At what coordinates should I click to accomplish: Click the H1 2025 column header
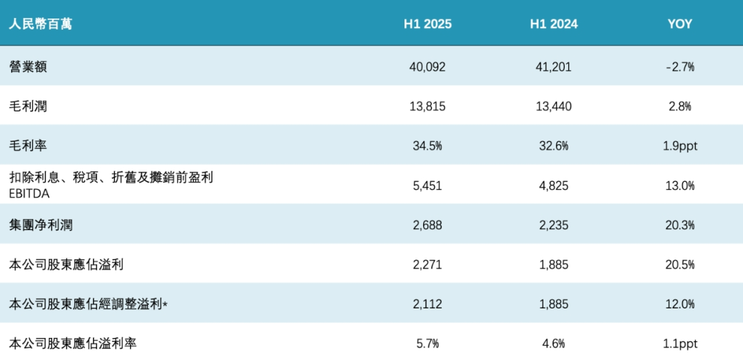(427, 24)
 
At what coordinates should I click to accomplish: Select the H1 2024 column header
(553, 24)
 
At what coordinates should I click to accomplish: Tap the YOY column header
(680, 24)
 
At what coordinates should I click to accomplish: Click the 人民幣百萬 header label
(41, 24)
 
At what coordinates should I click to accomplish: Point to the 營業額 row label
(28, 67)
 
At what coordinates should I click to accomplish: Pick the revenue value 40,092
(427, 67)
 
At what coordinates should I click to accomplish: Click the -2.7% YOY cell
(680, 67)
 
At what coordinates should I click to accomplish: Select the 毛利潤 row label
(28, 106)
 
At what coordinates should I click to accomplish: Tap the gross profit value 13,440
(553, 106)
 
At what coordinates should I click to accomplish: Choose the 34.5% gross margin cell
(427, 146)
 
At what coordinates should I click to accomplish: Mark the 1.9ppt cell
(680, 146)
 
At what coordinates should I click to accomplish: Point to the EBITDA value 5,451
(427, 185)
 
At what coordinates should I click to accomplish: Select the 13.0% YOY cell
(680, 185)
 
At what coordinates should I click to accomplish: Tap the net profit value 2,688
(427, 225)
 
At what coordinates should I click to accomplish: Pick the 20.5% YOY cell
(680, 264)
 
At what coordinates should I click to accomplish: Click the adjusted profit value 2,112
(427, 304)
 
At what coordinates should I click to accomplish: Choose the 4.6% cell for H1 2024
(553, 343)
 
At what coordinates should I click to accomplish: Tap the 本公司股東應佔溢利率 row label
(72, 343)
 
